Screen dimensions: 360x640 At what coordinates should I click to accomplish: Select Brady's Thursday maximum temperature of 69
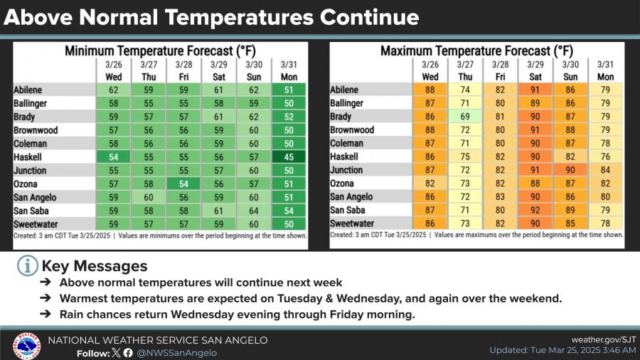tap(465, 117)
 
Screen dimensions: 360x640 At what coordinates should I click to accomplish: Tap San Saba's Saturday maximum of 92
tap(535, 211)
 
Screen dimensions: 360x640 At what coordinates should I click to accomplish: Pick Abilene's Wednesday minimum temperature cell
tap(113, 90)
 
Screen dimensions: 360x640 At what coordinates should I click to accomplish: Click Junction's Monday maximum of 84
tap(606, 171)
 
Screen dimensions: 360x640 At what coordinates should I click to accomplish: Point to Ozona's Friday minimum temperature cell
tap(183, 184)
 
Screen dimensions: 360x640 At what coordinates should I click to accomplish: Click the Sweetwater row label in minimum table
tap(36, 224)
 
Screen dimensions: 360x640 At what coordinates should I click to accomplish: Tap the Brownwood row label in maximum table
tap(352, 130)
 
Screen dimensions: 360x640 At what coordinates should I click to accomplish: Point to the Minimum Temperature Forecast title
tap(159, 51)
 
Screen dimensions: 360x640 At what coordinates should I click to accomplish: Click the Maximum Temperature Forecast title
tap(476, 51)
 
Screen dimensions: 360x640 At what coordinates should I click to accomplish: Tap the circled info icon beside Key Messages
tap(27, 266)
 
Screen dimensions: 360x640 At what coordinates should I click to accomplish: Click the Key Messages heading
tap(95, 266)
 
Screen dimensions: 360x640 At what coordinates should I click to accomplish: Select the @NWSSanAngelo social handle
tap(176, 353)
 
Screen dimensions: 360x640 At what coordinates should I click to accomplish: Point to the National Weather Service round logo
tap(26, 346)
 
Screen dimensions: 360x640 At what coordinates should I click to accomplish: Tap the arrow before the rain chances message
tap(46, 314)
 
